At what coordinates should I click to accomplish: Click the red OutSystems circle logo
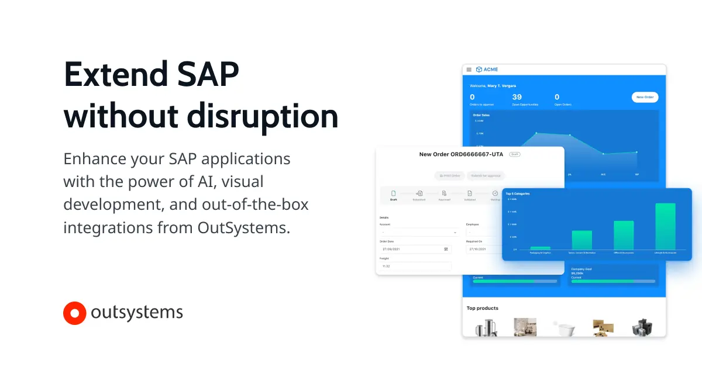74,313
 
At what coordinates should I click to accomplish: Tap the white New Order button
645,97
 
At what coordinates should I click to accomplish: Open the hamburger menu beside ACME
469,70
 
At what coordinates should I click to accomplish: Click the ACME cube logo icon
479,70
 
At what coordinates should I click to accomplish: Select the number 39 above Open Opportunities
517,97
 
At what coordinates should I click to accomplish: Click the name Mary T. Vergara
502,86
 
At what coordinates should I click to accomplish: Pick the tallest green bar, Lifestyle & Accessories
665,226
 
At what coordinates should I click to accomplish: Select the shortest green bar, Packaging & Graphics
540,248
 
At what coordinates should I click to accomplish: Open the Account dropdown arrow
455,233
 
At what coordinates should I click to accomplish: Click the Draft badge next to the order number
514,154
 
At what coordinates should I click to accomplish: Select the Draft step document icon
393,193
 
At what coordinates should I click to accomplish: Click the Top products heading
483,308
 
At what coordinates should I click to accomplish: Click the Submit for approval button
486,175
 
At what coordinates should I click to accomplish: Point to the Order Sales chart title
481,115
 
